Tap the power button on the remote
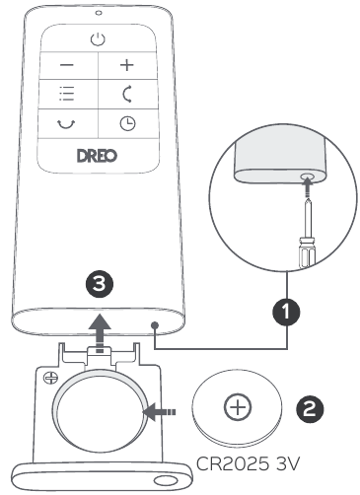96,39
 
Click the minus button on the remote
67,67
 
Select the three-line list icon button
67,96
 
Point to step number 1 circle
287,312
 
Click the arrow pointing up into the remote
99,326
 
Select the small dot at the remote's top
97,12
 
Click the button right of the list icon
127,96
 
